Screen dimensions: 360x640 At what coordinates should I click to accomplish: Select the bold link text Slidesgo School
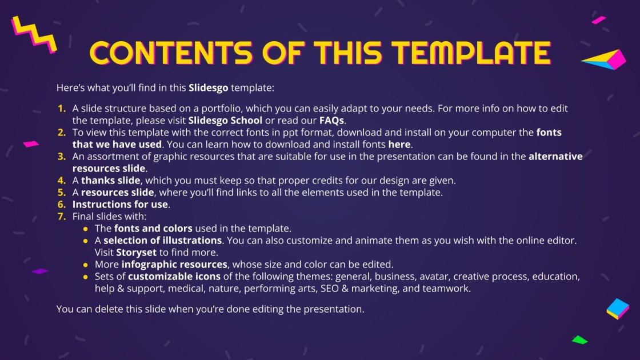[225, 121]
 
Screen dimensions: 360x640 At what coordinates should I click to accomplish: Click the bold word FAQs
[331, 121]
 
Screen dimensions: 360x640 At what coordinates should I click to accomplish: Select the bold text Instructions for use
[120, 204]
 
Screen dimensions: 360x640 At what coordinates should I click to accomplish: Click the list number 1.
[61, 109]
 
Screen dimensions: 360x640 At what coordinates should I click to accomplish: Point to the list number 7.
[61, 216]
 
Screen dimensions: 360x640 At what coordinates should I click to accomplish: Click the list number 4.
[61, 180]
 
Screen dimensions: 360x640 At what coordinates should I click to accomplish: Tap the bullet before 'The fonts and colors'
[86, 228]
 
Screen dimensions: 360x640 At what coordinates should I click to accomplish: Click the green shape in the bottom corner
[579, 339]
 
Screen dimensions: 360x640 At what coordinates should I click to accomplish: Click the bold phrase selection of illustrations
[162, 240]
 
